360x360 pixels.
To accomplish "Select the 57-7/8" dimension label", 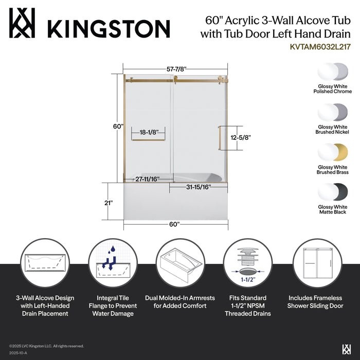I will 175,68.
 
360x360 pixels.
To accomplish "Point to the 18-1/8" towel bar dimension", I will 148,132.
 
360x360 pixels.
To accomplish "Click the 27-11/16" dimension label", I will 147,179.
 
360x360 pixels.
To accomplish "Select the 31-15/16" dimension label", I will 197,187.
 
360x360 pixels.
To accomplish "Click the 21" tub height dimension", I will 108,203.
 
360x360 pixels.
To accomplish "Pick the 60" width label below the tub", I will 174,224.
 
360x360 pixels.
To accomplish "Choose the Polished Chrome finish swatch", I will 333,71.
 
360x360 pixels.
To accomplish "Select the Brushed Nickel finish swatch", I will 333,112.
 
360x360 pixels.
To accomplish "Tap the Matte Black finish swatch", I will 333,192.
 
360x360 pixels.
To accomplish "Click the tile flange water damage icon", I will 113,263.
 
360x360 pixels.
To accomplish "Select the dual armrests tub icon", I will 179,263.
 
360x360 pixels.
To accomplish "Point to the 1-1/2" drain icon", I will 247,263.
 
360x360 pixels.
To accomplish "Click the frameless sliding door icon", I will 315,263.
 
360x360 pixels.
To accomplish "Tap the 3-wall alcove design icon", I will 45,263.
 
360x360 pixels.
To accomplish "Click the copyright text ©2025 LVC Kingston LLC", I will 46,346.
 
